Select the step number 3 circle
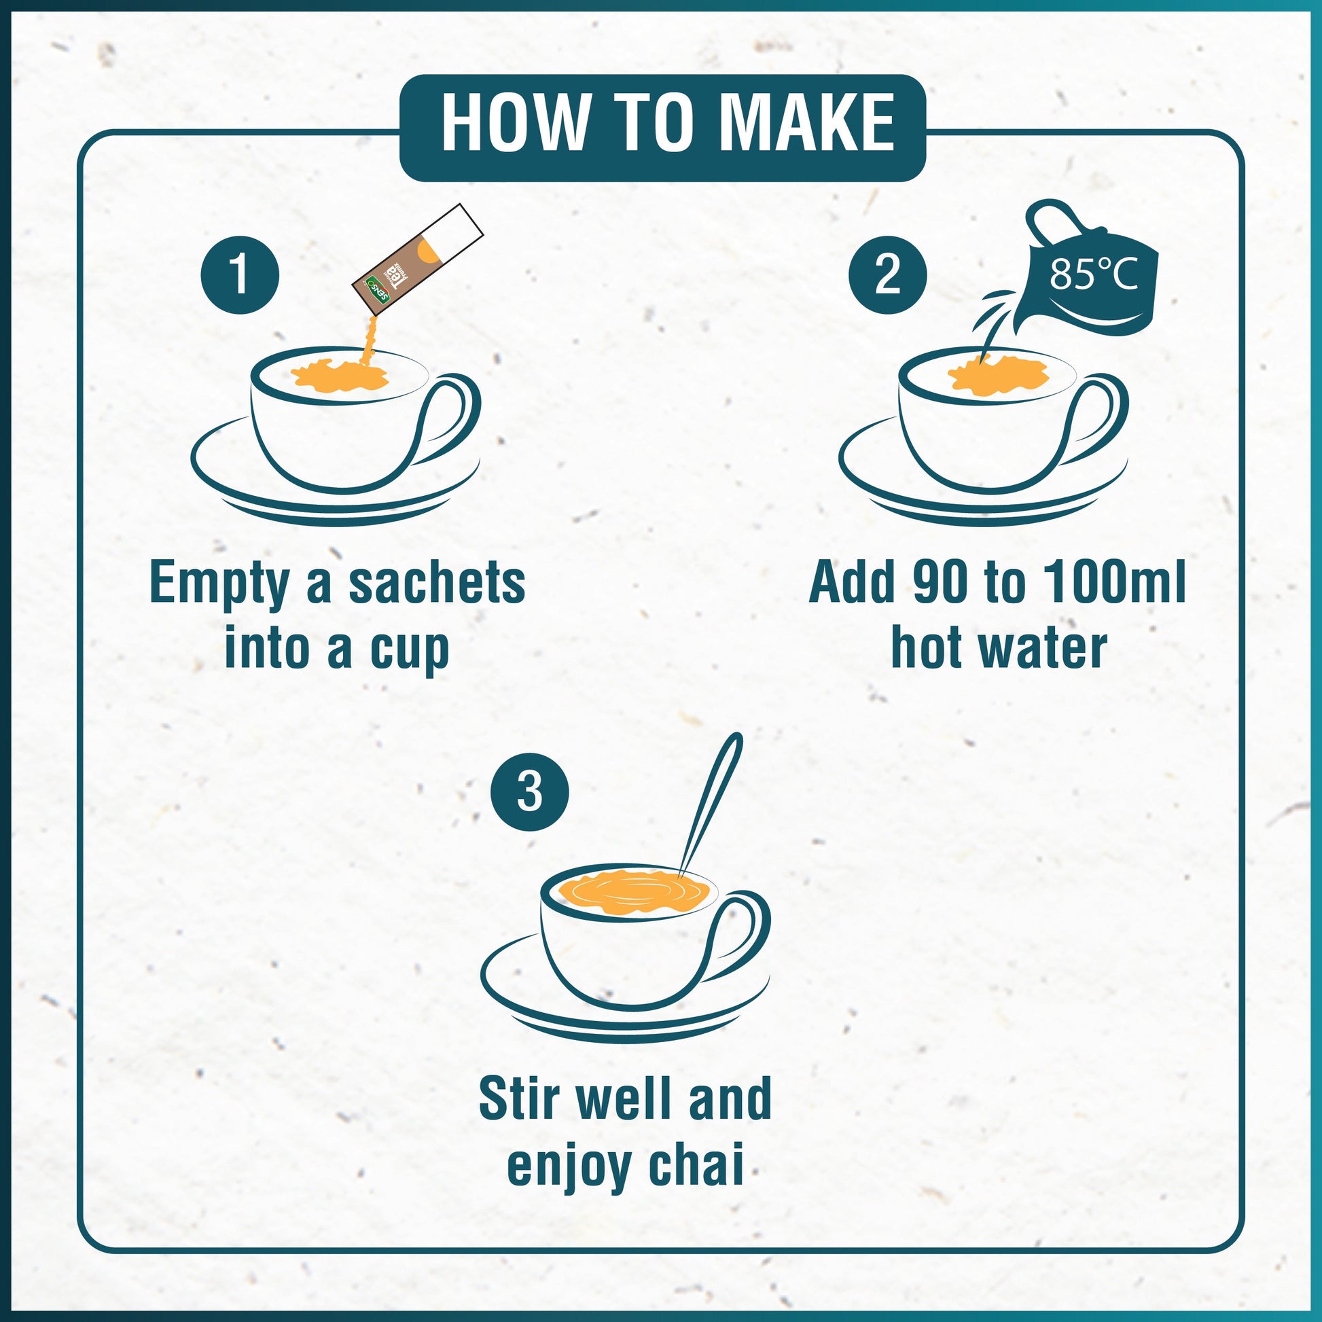click(x=530, y=793)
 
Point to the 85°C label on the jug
click(x=1094, y=276)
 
